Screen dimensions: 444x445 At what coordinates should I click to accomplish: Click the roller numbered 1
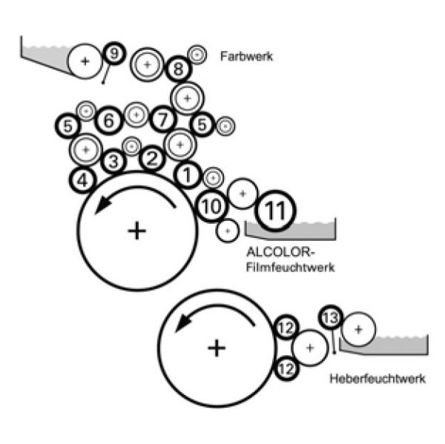tap(188, 175)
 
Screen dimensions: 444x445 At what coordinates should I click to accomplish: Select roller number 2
tap(151, 157)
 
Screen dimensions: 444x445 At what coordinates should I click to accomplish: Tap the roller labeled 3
tap(113, 161)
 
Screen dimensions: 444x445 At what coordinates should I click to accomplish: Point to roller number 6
tap(109, 120)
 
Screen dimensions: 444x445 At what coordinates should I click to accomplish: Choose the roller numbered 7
tap(163, 118)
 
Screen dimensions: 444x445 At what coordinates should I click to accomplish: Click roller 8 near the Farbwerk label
tap(178, 70)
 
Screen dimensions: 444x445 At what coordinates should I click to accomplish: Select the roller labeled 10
tap(211, 206)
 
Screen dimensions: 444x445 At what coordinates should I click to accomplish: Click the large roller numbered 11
tap(275, 211)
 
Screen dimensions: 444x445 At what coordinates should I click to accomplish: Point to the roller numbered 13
tap(331, 318)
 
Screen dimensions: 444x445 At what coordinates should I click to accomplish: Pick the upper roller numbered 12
tap(286, 327)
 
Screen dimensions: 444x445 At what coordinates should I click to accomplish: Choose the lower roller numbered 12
tap(286, 366)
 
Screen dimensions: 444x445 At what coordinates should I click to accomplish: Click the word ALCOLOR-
tap(274, 252)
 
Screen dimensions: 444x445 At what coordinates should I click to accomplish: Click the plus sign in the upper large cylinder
tap(136, 231)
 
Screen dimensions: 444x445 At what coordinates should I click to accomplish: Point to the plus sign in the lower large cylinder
tap(216, 347)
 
